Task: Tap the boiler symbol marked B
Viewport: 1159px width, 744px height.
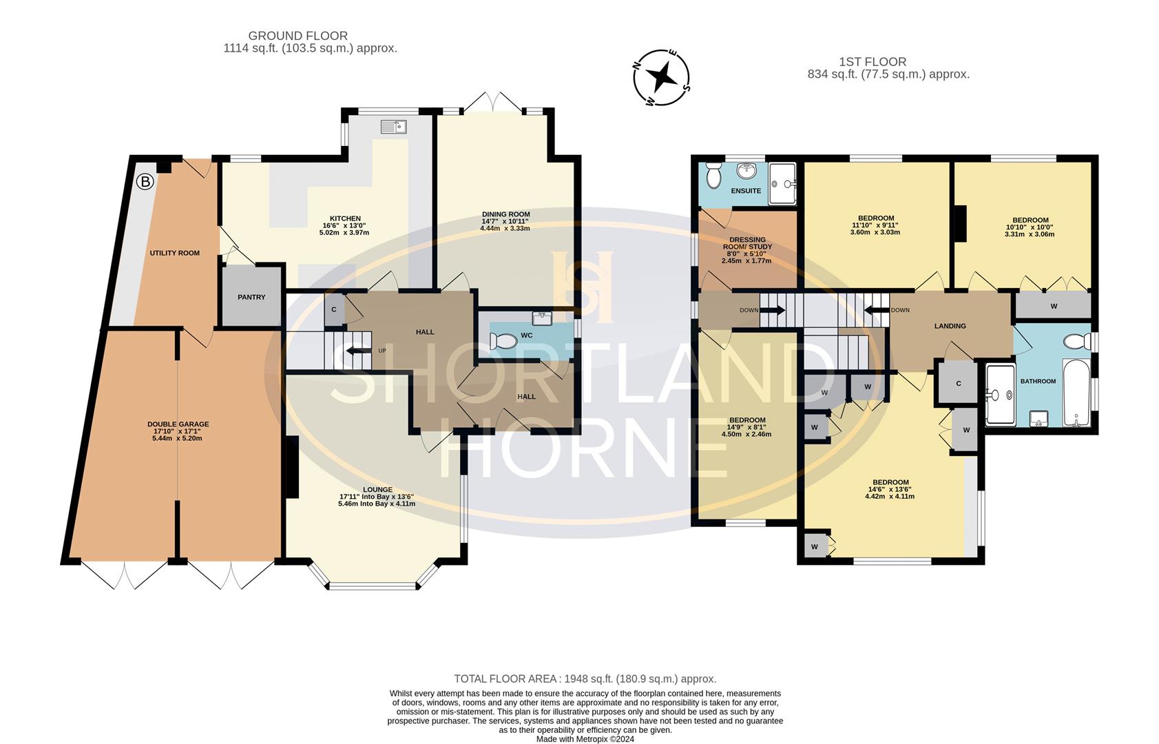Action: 145,182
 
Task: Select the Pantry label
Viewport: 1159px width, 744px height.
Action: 251,297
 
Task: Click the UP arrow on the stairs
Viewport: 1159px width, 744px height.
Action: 359,351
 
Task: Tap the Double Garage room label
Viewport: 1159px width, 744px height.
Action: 178,424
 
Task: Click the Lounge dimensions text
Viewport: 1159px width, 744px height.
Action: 377,500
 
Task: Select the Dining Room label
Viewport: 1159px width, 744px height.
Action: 505,214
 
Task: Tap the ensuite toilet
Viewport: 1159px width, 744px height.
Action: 714,176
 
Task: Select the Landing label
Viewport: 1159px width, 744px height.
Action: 950,326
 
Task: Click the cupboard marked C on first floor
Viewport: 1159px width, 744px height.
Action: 959,384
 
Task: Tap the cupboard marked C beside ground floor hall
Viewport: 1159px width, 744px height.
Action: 334,309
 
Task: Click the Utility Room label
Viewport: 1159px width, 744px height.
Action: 175,253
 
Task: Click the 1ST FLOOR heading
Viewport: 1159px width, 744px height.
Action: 873,62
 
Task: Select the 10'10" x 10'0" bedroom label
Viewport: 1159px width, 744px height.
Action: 1030,220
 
